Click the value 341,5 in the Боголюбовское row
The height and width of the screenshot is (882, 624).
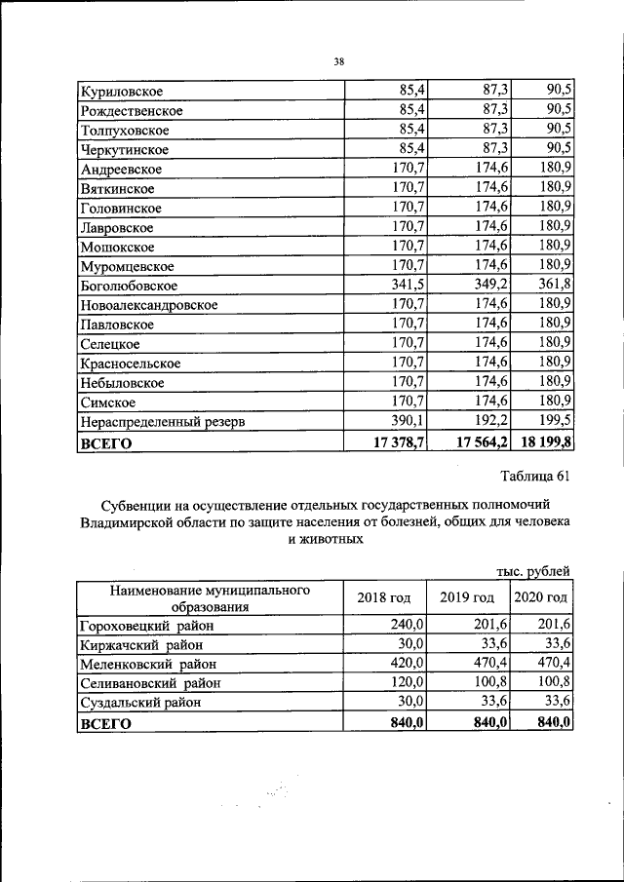pyautogui.click(x=408, y=286)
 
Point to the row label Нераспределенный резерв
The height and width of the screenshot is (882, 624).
pyautogui.click(x=162, y=422)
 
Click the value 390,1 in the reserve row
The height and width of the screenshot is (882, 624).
pyautogui.click(x=408, y=422)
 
